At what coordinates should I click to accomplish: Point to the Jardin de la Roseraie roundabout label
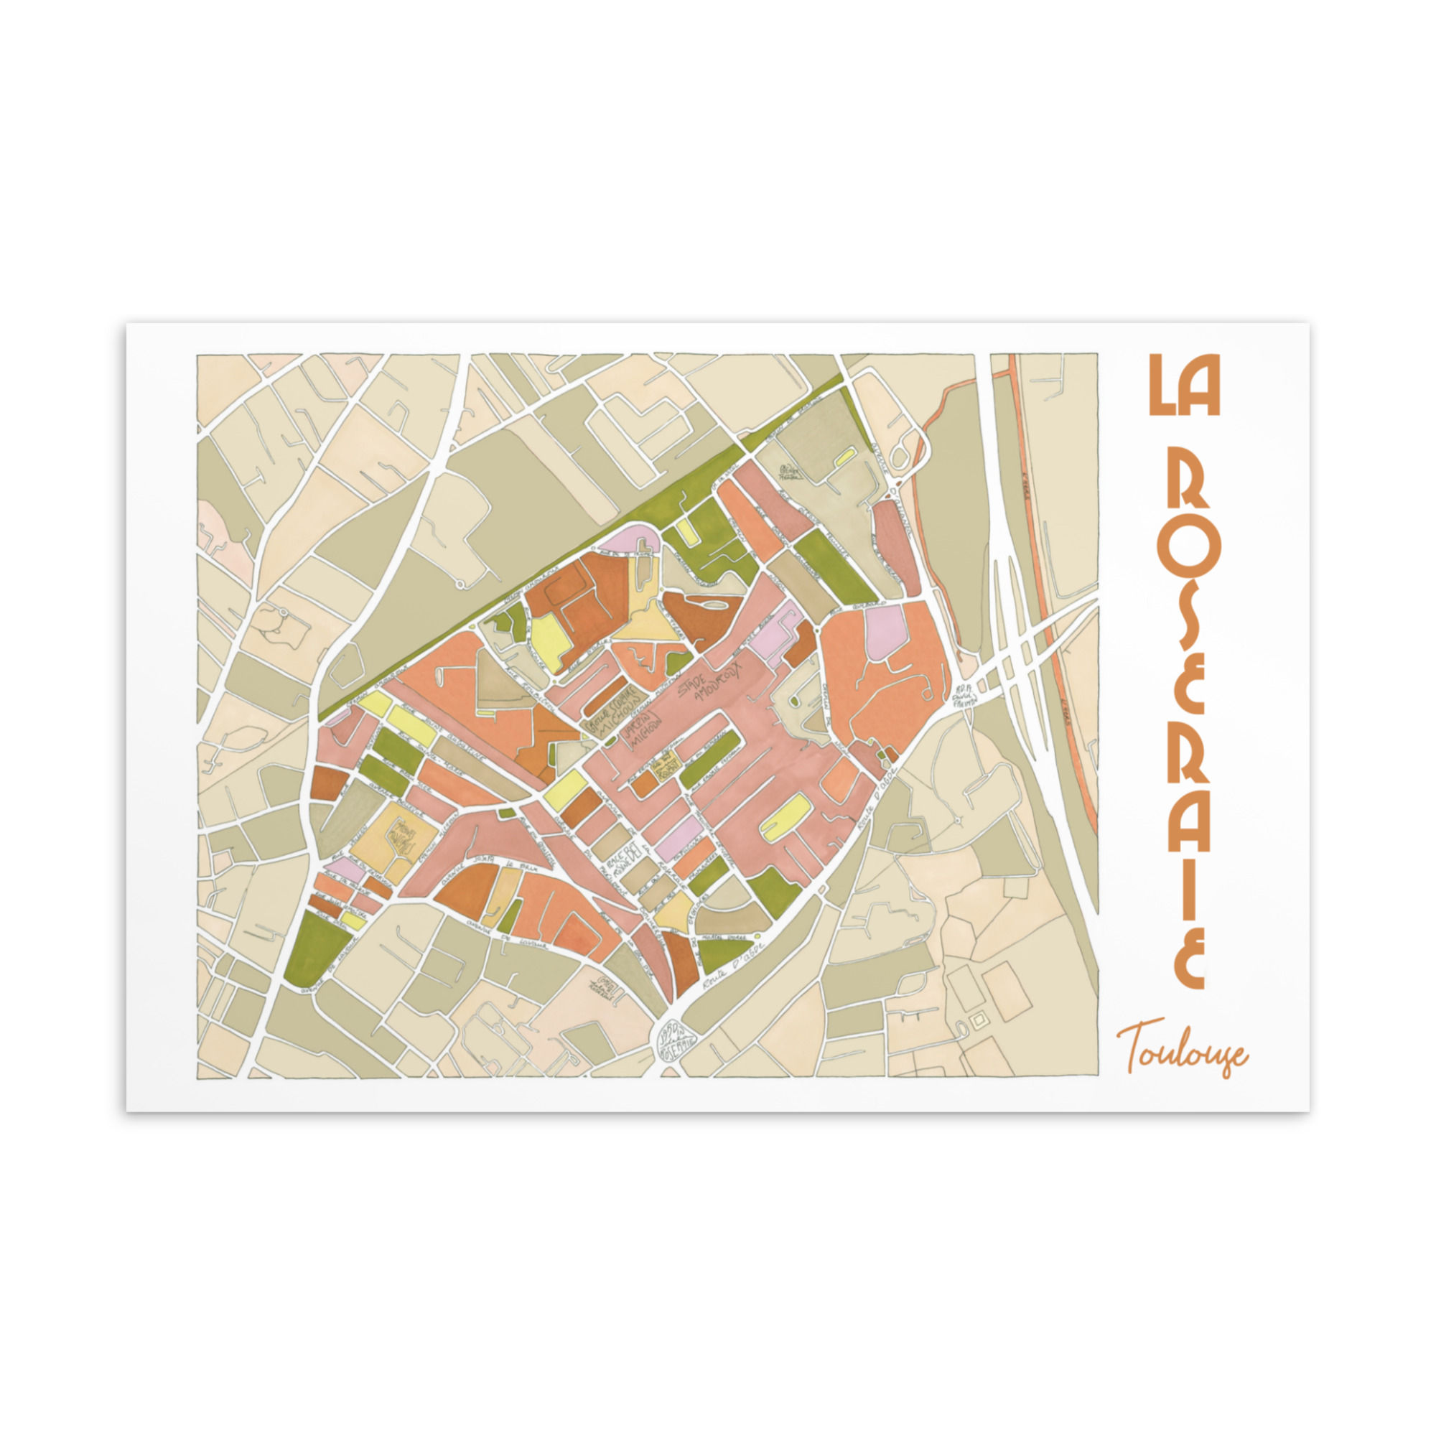676,1040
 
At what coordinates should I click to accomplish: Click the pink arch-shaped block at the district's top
628,541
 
